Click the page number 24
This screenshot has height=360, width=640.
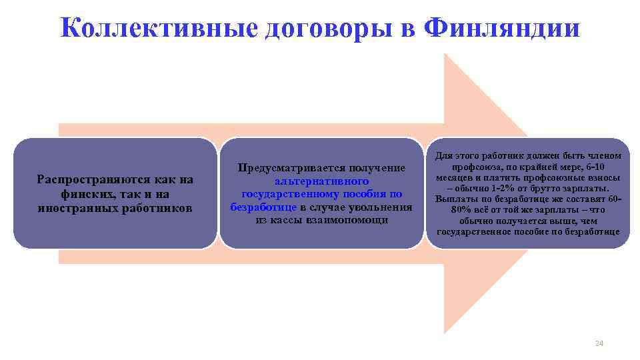point(598,343)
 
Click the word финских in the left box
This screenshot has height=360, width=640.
point(81,194)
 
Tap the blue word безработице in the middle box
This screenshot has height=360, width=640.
point(263,207)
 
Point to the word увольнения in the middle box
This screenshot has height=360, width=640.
point(382,207)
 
